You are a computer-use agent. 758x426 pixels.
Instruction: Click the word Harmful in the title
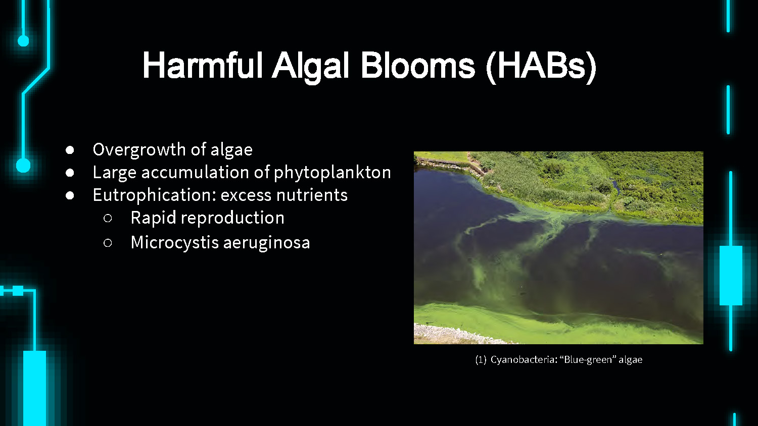coord(202,66)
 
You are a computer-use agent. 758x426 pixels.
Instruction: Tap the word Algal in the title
coord(311,67)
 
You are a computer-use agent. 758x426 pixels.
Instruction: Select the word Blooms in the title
coord(418,66)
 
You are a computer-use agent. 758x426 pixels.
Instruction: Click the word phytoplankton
coord(332,173)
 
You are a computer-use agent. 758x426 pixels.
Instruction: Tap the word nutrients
coord(312,195)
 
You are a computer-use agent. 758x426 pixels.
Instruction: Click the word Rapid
coord(153,218)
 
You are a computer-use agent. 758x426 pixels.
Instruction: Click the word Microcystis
coord(175,243)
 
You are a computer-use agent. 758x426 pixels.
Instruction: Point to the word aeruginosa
coord(266,243)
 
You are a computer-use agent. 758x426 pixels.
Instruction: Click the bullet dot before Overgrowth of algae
coord(70,150)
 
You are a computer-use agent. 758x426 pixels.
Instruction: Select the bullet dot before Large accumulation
coord(70,173)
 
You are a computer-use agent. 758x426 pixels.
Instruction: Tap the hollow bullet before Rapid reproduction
coord(108,219)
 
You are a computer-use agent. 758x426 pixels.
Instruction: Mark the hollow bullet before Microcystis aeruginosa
coord(108,243)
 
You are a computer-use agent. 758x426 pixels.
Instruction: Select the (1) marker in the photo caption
coord(481,359)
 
